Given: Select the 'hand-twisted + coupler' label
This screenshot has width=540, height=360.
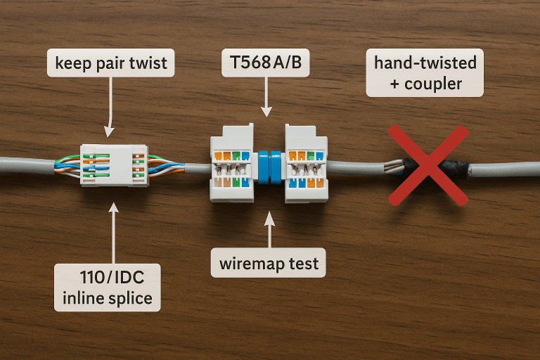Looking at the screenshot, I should (425, 73).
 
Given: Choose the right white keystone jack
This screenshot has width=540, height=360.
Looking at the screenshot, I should (304, 163).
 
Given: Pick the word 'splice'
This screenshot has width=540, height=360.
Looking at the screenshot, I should (128, 297).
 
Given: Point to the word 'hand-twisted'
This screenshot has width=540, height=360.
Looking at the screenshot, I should (425, 63).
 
